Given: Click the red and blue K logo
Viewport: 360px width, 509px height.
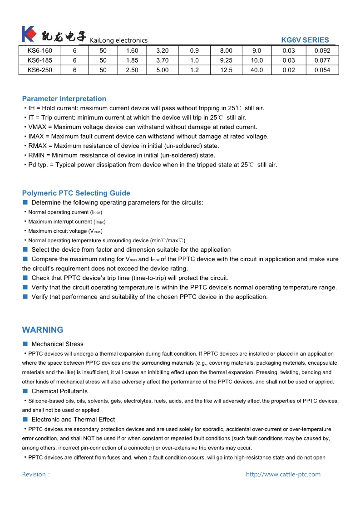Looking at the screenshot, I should (x=28, y=34).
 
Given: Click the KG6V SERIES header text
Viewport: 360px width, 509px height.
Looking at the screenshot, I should (x=305, y=40).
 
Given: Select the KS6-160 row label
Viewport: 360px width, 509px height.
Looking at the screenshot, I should (x=40, y=51).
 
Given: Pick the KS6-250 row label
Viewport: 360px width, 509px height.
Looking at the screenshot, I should (x=40, y=70).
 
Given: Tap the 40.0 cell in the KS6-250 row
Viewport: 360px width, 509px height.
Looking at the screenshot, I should (x=256, y=70).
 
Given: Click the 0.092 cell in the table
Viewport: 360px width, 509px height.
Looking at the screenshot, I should (x=322, y=51).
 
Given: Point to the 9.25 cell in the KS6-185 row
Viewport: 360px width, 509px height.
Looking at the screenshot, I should (x=226, y=60).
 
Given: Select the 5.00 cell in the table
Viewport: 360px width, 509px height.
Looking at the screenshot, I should (x=162, y=70).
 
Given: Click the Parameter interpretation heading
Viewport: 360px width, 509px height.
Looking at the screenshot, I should (x=64, y=99).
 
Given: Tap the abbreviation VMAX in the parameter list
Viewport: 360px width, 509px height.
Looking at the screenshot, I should (x=38, y=127).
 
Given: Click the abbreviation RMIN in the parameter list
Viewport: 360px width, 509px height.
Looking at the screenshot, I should (x=37, y=155).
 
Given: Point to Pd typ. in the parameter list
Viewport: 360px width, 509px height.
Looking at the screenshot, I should (x=38, y=165).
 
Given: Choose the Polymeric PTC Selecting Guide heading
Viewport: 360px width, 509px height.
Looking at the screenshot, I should (x=76, y=193).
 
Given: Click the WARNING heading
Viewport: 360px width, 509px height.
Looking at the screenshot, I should (x=43, y=330).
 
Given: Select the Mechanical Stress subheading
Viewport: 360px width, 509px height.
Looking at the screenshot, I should (x=57, y=344).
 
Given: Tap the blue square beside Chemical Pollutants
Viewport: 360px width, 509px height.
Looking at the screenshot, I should (x=25, y=391).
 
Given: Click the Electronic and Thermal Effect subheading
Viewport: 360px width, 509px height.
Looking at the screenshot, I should (x=73, y=420).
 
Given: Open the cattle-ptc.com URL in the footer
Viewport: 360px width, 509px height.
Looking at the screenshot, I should (x=283, y=475).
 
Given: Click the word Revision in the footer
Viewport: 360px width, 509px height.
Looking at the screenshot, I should (x=34, y=475).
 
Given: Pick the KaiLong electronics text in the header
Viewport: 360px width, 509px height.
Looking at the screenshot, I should (x=118, y=40).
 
